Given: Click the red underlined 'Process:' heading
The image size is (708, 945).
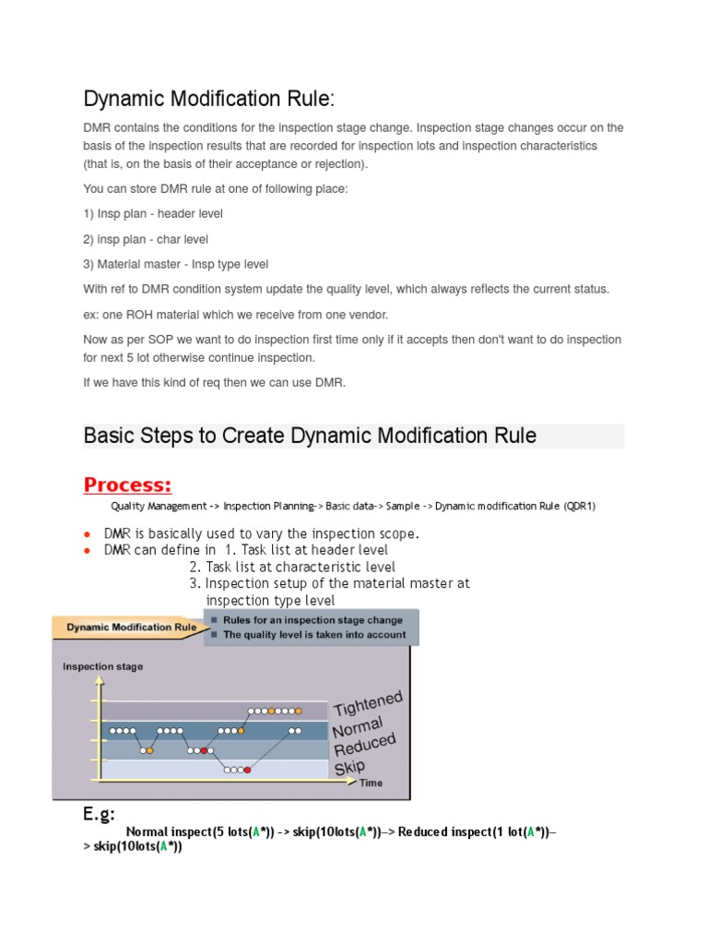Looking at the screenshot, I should click(127, 484).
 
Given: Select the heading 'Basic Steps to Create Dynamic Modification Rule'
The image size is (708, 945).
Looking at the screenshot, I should click(310, 436).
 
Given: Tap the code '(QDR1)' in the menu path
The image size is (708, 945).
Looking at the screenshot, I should click(579, 506).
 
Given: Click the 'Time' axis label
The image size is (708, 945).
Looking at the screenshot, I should click(371, 783).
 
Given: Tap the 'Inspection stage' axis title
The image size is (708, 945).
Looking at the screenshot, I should click(102, 666).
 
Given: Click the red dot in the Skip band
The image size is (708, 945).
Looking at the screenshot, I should click(247, 770).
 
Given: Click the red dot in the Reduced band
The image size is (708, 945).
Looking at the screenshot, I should click(204, 750).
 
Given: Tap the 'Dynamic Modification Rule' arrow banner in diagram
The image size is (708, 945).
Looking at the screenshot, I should click(130, 627).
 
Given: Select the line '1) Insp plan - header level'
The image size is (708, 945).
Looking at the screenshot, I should click(153, 213).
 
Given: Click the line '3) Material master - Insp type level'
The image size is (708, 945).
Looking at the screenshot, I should click(176, 264).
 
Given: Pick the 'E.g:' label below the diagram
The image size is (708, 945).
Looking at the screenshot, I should click(100, 813).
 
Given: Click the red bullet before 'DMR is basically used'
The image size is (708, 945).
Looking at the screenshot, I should click(87, 534).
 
